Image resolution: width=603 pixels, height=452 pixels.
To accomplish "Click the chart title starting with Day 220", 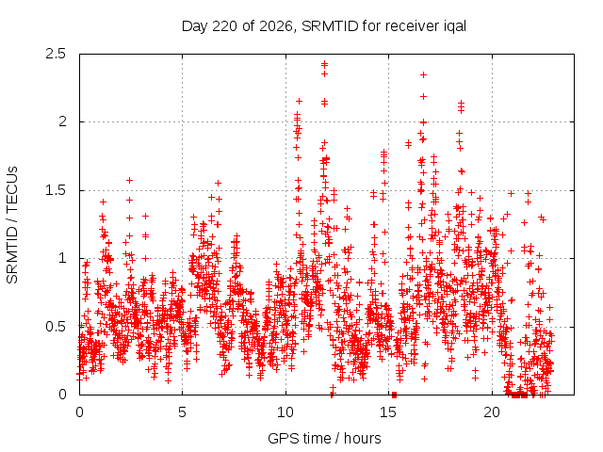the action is (324, 26).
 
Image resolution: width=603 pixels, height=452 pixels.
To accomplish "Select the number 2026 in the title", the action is (276, 26).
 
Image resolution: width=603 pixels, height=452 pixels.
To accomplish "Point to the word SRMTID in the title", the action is (330, 26).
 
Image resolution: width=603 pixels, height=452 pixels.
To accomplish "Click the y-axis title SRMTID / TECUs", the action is (12, 225).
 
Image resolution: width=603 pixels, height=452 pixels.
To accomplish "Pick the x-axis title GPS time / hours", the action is (324, 439).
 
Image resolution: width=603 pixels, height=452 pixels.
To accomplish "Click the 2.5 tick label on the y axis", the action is (56, 54).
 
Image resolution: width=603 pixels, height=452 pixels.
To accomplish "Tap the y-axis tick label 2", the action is (62, 121).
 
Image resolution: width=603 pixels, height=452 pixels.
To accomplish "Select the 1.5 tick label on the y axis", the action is (56, 190).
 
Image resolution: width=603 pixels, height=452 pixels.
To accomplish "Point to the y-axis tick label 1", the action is (63, 258).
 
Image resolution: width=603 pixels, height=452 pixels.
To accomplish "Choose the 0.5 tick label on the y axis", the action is (56, 327).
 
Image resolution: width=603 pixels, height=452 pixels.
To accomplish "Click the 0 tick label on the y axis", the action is (63, 395).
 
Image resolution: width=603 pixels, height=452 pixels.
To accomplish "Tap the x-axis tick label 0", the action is (79, 412).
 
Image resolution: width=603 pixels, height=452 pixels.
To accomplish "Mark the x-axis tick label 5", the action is (182, 412).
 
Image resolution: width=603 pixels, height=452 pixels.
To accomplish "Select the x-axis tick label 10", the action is (285, 412).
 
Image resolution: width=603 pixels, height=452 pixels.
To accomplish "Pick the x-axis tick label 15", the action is (388, 412).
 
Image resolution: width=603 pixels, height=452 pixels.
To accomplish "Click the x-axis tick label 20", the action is (492, 412).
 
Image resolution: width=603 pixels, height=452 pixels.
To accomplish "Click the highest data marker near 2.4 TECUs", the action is (324, 63).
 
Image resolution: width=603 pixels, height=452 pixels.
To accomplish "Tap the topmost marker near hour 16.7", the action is (423, 75).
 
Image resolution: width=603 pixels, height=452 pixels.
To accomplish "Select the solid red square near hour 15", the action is (394, 395).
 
